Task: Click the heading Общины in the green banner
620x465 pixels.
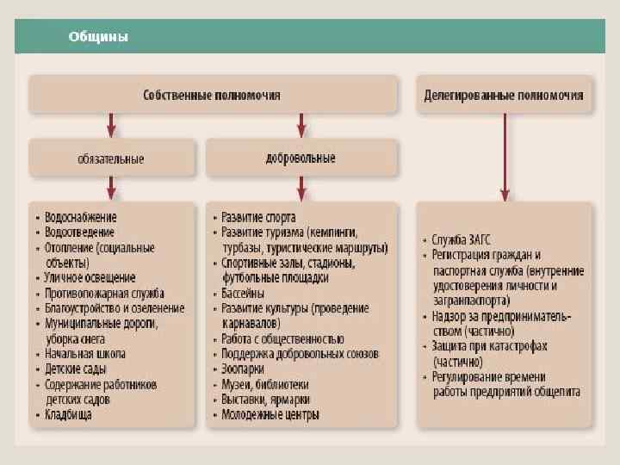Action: [x=99, y=38]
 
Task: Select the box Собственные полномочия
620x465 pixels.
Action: [x=212, y=95]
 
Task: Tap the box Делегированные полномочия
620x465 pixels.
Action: [x=504, y=95]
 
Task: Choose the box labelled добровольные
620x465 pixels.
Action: [x=301, y=158]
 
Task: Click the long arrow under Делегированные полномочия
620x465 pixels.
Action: [x=505, y=155]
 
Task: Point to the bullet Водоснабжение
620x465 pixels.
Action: [x=80, y=219]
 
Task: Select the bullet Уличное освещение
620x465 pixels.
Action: [x=90, y=278]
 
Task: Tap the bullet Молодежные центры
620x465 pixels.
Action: [x=270, y=415]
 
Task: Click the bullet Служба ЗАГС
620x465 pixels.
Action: [x=456, y=240]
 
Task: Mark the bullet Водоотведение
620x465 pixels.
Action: [x=79, y=233]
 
